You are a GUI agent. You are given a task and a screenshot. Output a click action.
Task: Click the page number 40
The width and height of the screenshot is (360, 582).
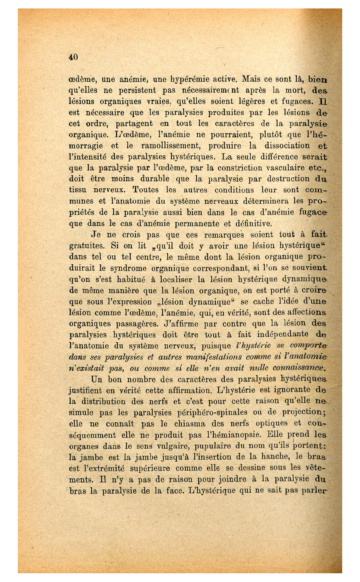click(73, 57)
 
